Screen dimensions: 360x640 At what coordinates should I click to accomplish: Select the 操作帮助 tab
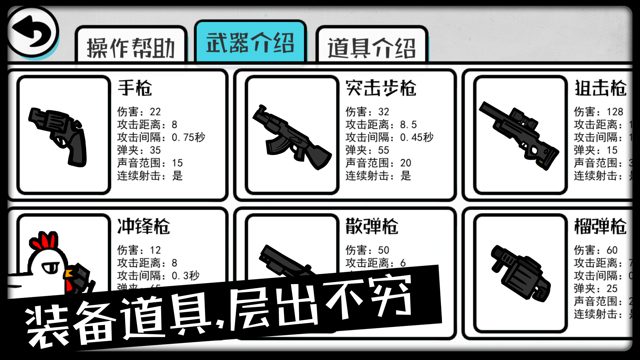point(131,47)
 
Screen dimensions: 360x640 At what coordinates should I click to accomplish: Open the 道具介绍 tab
point(372,47)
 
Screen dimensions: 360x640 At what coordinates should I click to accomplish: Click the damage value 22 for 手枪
point(155,112)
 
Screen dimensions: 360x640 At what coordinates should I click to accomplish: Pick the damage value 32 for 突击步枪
point(383,112)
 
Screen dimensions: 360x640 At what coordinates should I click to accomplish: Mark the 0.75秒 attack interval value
point(188,137)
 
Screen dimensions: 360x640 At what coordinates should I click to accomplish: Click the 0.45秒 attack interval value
point(417,137)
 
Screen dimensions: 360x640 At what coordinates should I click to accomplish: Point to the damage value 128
point(615,112)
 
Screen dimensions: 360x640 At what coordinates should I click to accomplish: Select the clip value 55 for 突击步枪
point(383,150)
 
